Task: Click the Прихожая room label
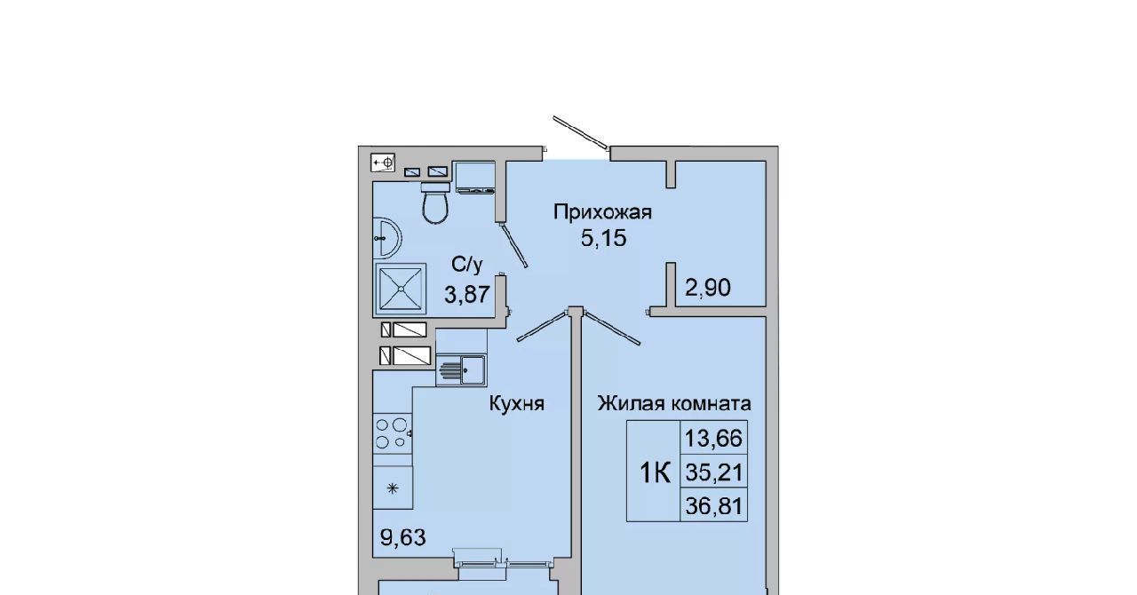(602, 211)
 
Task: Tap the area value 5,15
(603, 238)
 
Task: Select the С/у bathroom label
(467, 265)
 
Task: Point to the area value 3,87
(467, 294)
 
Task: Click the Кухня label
(517, 403)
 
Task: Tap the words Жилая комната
(674, 403)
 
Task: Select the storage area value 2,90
(708, 288)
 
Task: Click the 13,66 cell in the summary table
(713, 438)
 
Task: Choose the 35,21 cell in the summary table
(713, 472)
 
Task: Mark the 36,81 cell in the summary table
(713, 506)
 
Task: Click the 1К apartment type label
(656, 473)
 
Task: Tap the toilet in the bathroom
(435, 202)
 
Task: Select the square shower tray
(401, 289)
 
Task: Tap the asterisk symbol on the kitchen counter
(393, 489)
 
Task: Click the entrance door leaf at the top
(581, 132)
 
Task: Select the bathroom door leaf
(513, 245)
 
